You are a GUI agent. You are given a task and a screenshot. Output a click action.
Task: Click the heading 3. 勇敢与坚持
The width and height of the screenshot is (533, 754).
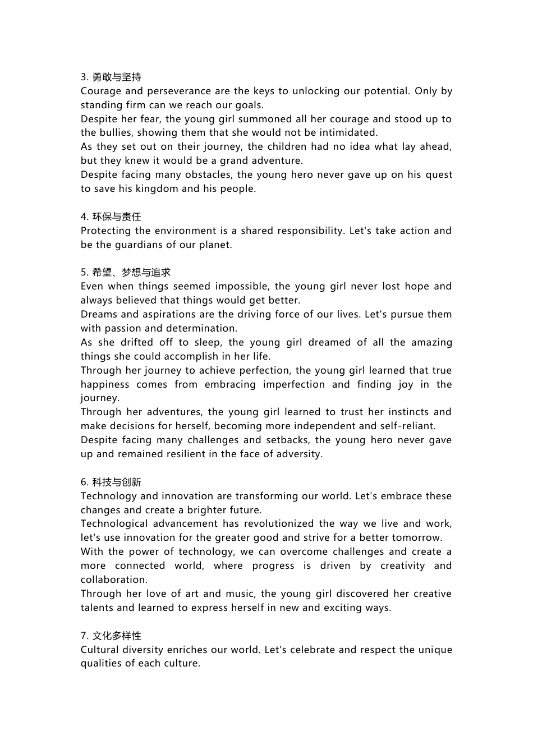(x=111, y=77)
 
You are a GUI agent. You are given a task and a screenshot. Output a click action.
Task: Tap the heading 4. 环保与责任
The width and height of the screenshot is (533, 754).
(x=111, y=217)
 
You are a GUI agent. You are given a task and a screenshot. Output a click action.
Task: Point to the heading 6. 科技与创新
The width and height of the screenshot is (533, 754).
(x=111, y=482)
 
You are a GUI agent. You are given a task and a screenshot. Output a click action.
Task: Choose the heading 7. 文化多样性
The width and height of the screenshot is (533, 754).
(x=111, y=636)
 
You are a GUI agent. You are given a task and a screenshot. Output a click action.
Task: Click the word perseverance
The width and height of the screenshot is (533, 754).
(x=179, y=91)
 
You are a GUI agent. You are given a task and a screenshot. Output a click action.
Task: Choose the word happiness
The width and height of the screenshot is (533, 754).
(x=105, y=384)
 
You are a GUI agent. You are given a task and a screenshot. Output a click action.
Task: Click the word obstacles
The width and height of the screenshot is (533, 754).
(x=185, y=175)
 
